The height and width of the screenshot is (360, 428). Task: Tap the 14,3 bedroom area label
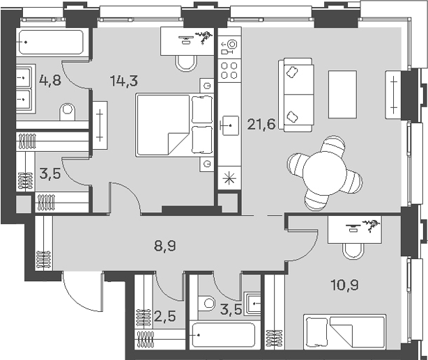pyautogui.click(x=123, y=80)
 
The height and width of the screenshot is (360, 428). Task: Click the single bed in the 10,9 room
pyautogui.click(x=344, y=329)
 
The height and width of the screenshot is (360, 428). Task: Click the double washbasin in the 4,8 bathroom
pyautogui.click(x=25, y=86)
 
